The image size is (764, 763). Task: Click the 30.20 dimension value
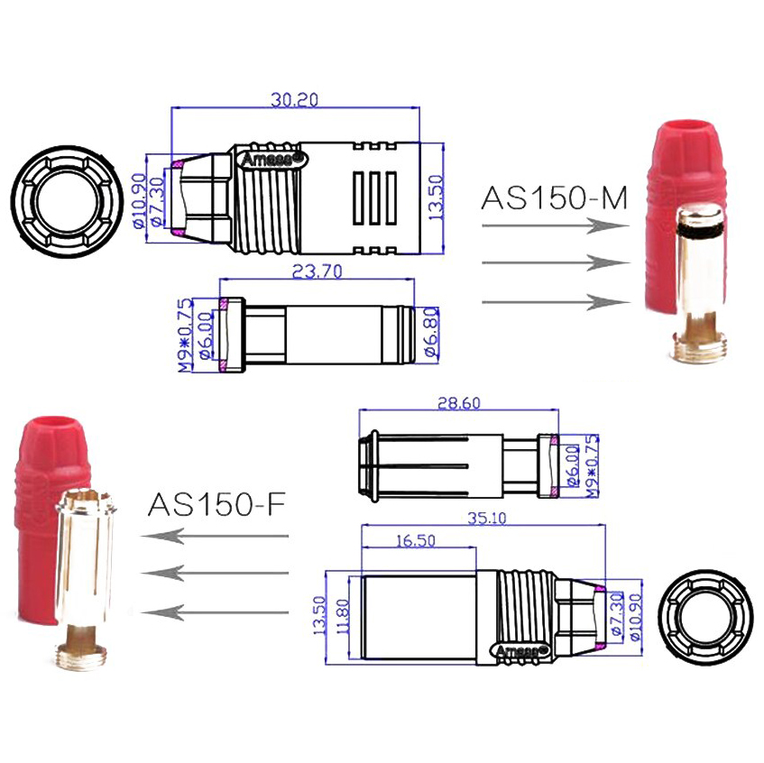pos(295,100)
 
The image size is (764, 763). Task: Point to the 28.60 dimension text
pos(457,403)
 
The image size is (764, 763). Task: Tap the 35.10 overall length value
pos(483,518)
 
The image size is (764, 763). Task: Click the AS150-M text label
pos(554,198)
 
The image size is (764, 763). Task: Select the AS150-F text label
pos(216,502)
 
